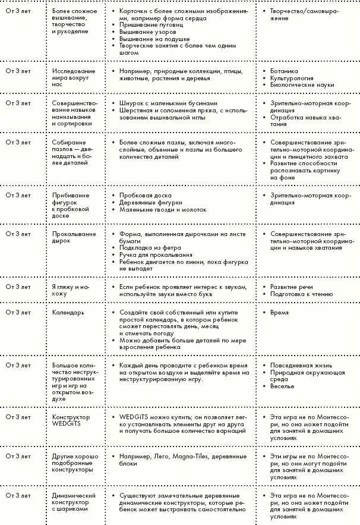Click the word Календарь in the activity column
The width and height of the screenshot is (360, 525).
[68, 312]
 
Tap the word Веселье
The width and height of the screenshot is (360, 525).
[282, 386]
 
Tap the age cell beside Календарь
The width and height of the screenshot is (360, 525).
[18, 312]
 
